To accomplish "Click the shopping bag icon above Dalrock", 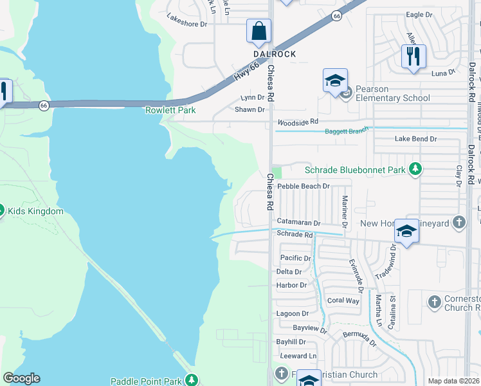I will point(259,31).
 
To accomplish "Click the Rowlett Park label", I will point(170,110).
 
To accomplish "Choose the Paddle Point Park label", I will point(146,381).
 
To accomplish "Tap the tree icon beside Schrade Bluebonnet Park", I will point(415,169).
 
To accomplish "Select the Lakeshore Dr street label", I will point(187,24).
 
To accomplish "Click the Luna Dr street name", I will point(443,73).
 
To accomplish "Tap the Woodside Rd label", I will point(298,121).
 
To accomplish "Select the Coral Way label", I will point(343,300).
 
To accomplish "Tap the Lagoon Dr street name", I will point(293,313).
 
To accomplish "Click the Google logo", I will point(21,378).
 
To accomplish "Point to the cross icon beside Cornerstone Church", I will point(434,301).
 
